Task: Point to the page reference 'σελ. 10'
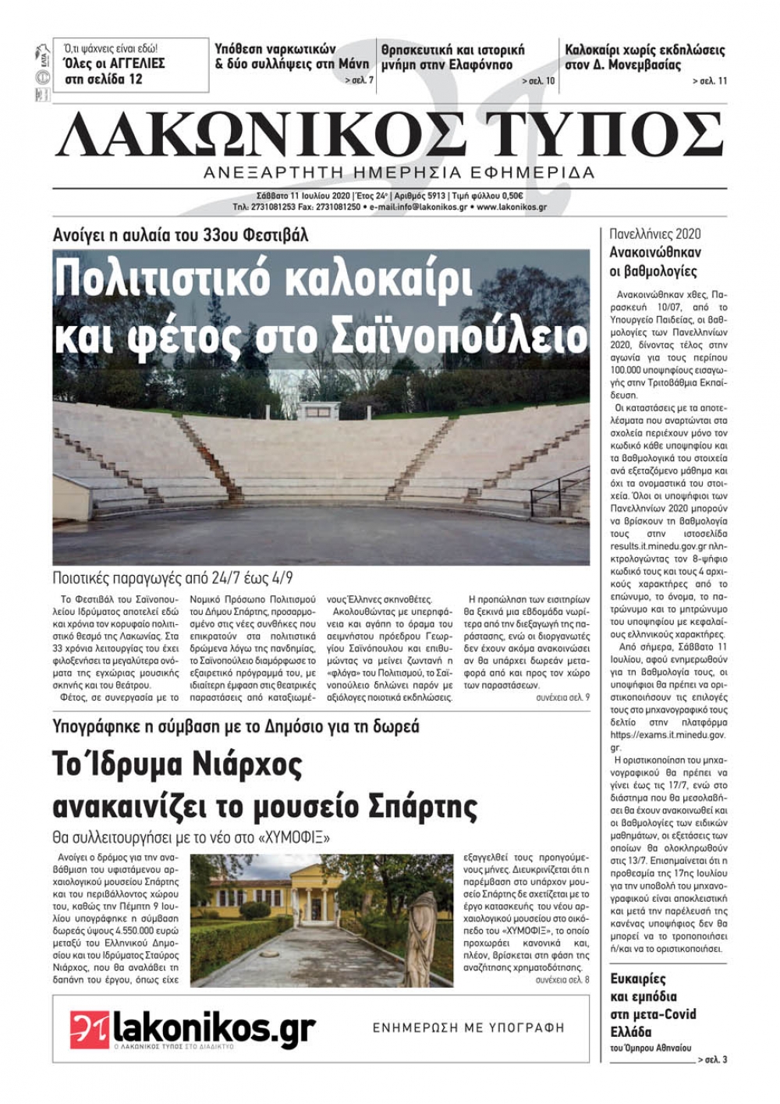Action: click(539, 81)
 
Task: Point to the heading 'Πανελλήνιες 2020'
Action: click(655, 234)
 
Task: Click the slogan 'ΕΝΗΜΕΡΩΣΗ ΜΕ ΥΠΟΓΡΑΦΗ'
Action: click(468, 1028)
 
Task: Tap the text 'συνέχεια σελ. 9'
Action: click(562, 697)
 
